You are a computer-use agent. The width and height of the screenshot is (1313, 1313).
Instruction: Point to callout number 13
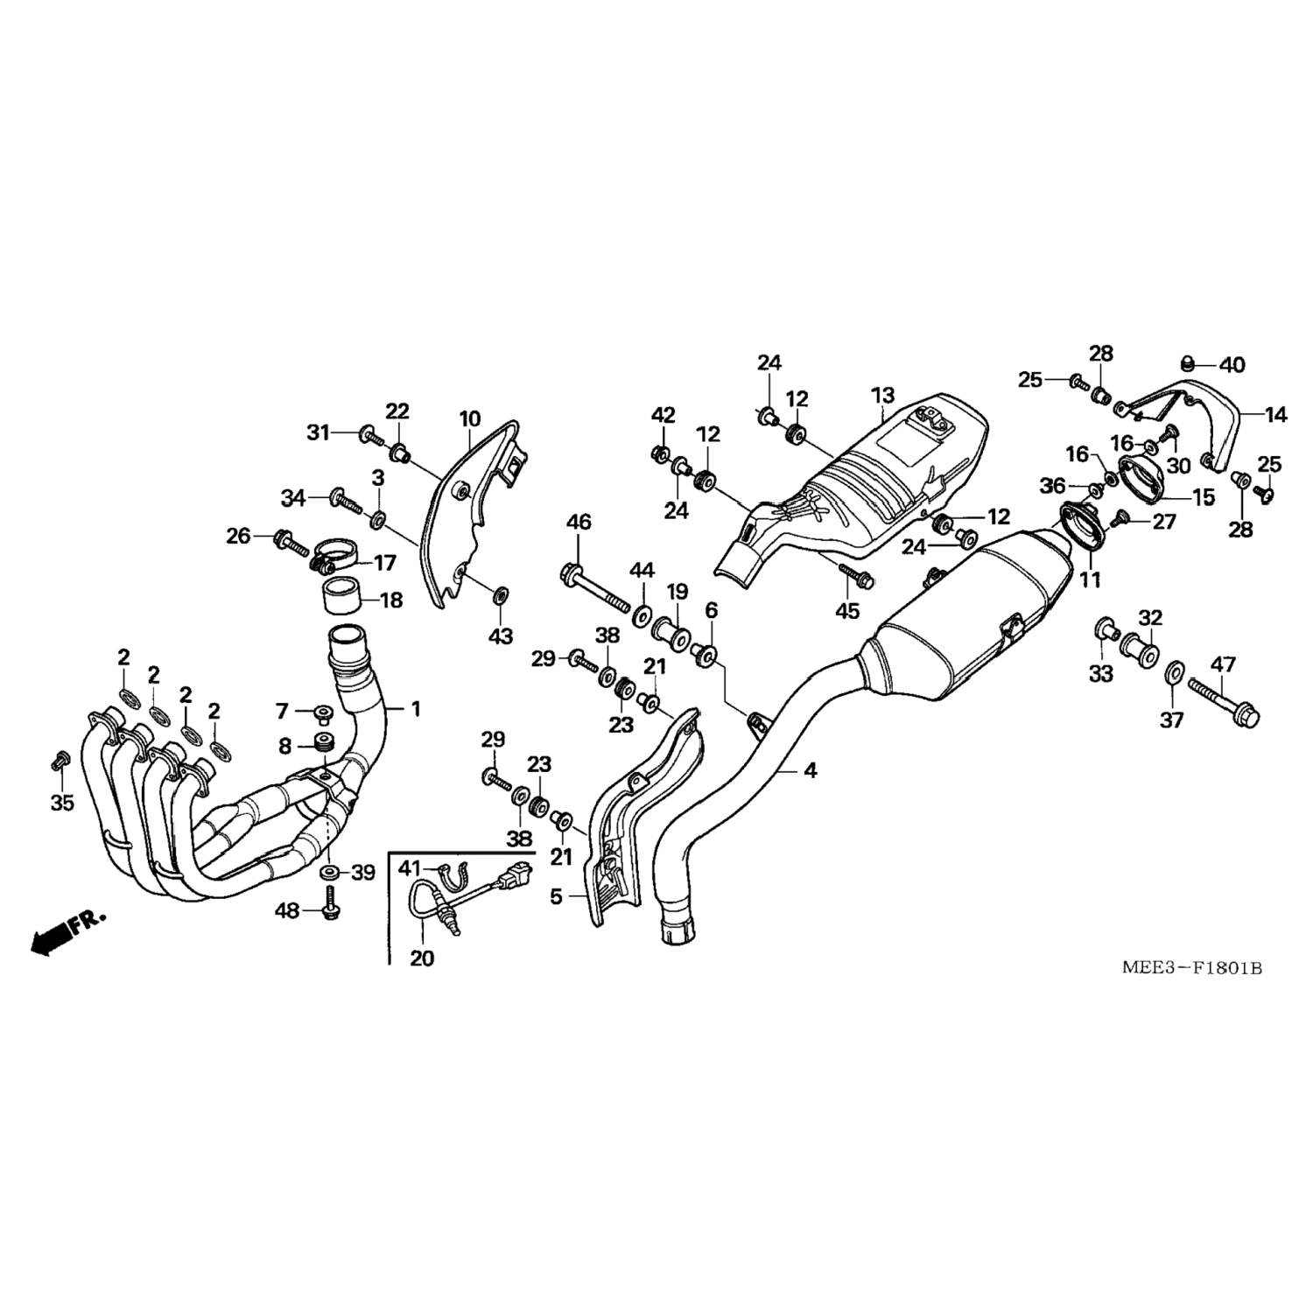click(883, 396)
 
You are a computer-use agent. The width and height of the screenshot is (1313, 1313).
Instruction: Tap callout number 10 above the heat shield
click(470, 418)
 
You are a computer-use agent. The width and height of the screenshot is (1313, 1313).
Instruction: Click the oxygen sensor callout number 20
click(422, 958)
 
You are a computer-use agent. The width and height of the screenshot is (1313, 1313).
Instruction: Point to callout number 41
click(410, 868)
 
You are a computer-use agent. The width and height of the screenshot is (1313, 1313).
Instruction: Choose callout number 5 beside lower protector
click(557, 897)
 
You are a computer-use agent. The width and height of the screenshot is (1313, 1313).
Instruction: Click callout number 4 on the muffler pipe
click(811, 770)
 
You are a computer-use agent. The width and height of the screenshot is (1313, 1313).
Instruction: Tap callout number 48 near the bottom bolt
click(287, 910)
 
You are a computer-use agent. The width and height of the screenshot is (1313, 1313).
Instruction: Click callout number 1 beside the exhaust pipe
click(416, 709)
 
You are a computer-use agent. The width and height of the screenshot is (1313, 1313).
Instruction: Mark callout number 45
click(847, 611)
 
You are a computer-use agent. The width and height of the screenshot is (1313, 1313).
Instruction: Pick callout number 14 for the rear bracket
click(1277, 415)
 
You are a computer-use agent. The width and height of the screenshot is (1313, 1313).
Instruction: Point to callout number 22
click(397, 411)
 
